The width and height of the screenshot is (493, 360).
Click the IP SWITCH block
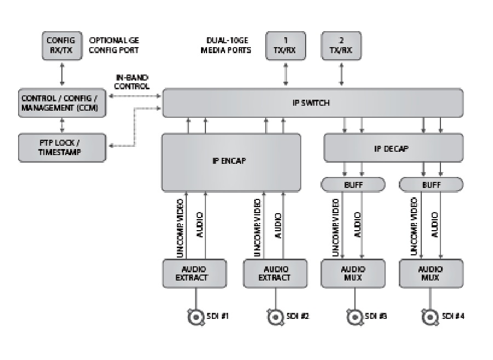click(x=312, y=102)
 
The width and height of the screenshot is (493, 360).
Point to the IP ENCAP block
click(x=231, y=162)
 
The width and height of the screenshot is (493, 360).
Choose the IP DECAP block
click(x=393, y=148)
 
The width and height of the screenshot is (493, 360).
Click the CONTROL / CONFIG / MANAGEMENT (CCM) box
click(x=61, y=102)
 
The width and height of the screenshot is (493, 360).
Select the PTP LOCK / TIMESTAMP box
click(x=61, y=147)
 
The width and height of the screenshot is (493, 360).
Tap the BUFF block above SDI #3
click(x=353, y=185)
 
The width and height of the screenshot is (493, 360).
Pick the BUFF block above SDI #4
click(x=431, y=185)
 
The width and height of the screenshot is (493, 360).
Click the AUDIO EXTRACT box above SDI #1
click(x=194, y=273)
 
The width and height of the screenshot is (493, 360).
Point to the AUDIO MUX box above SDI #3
click(x=353, y=273)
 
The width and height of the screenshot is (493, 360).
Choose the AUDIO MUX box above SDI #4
click(x=431, y=273)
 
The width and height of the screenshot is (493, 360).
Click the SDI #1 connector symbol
click(x=195, y=317)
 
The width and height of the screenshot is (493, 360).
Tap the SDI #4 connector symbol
click(x=429, y=317)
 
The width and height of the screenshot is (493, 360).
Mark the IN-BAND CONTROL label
click(x=131, y=82)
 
